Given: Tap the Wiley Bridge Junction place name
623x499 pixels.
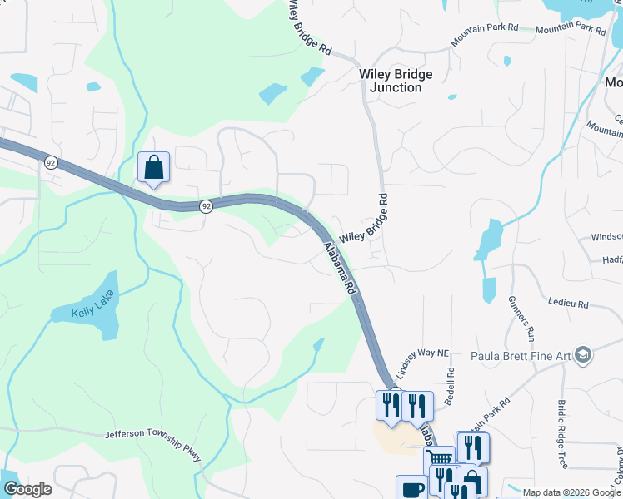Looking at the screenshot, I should click(396, 81).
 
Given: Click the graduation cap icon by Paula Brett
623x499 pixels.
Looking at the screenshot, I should click(582, 356).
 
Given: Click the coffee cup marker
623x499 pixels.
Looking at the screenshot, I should click(411, 488).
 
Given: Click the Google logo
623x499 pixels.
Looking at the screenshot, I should click(27, 489).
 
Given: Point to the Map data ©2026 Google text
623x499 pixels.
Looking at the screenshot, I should click(572, 492).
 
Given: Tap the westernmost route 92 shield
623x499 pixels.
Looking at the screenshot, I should click(52, 163).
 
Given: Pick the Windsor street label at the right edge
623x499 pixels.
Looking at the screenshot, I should click(607, 237).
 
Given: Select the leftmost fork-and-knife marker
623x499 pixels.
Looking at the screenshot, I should click(388, 407).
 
